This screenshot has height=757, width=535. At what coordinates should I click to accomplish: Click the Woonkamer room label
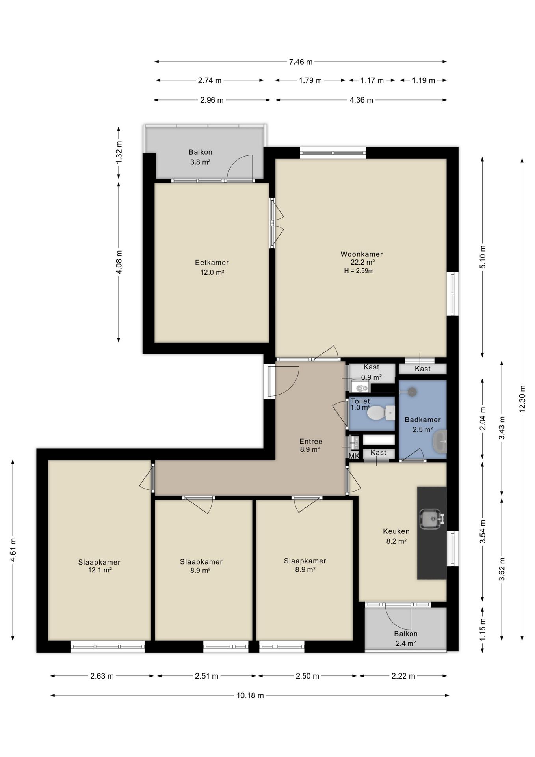tap(361, 254)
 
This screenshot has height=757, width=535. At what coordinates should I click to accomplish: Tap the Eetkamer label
tap(212, 262)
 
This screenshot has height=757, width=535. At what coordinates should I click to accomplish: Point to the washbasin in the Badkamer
tap(440, 441)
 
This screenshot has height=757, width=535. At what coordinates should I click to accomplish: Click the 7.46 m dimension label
tap(301, 62)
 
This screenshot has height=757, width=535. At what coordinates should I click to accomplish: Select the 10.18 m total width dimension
tap(250, 695)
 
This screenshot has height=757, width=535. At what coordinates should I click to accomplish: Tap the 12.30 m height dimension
tap(522, 398)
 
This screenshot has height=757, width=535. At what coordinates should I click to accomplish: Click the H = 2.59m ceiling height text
tap(359, 271)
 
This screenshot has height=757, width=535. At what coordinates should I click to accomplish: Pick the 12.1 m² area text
tap(100, 570)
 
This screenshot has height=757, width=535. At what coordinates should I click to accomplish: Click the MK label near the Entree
tap(354, 456)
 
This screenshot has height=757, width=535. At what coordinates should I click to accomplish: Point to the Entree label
tap(311, 441)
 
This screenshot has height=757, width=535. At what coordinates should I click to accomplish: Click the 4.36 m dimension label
tap(361, 100)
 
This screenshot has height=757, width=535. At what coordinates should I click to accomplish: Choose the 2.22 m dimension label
tap(403, 676)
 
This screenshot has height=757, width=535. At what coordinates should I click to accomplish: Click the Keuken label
tap(396, 531)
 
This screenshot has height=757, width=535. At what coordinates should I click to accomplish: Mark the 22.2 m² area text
tap(362, 262)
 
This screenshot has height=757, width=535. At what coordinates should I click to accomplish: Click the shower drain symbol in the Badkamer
tap(412, 392)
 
